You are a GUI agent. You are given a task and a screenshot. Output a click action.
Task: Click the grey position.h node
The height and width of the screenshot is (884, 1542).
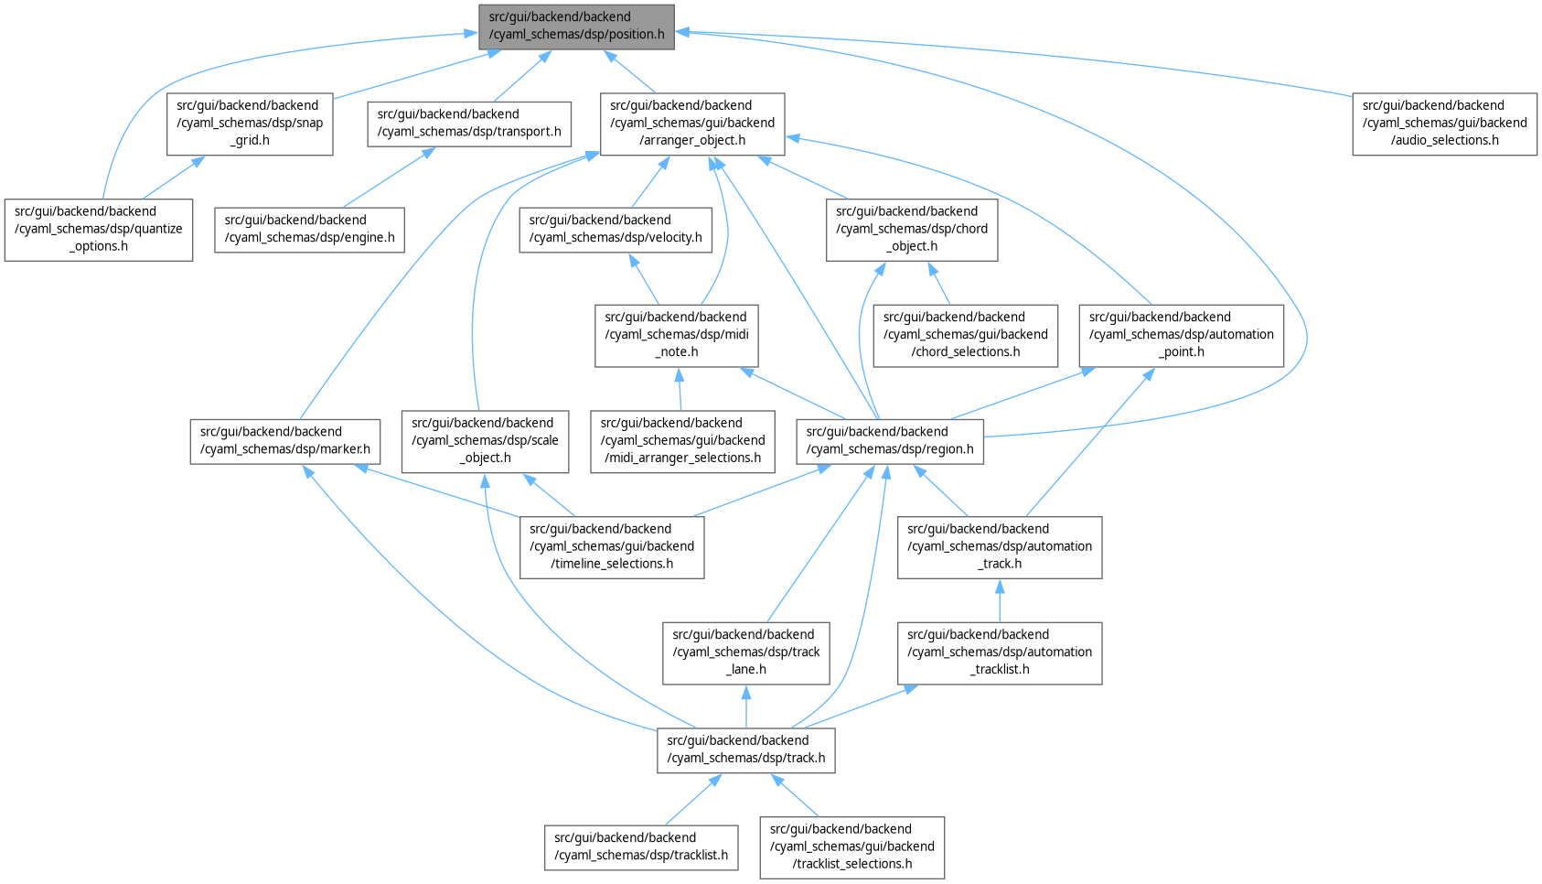(x=576, y=27)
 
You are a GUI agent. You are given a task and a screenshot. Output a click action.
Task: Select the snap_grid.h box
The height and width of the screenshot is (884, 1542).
(x=249, y=124)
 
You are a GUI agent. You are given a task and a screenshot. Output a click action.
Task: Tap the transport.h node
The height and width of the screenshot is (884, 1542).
(x=469, y=124)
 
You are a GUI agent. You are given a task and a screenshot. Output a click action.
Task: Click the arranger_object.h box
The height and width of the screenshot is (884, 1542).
(x=692, y=124)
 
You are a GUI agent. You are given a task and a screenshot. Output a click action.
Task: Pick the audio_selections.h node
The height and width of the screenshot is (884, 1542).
(x=1444, y=124)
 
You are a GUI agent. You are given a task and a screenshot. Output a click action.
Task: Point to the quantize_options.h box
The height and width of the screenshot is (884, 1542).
(x=99, y=230)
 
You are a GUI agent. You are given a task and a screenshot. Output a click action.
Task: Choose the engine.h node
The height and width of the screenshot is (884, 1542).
(x=309, y=230)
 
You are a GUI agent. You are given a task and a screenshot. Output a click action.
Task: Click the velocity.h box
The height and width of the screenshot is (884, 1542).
(x=616, y=230)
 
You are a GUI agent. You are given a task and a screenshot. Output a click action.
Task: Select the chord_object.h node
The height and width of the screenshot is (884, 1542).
(x=912, y=230)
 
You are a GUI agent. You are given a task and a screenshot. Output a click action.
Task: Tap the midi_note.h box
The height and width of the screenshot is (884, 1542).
(x=676, y=335)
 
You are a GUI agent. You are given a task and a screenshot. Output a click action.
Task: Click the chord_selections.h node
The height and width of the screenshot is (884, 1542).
(x=965, y=335)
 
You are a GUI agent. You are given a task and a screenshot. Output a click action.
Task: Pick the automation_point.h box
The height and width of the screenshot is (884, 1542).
(x=1181, y=335)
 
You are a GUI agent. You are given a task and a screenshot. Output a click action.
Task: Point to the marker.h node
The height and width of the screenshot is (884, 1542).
(x=285, y=441)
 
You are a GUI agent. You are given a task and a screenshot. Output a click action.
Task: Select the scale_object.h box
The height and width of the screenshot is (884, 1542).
(x=485, y=441)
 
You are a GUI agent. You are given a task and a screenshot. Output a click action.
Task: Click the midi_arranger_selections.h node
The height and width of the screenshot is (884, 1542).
(x=682, y=441)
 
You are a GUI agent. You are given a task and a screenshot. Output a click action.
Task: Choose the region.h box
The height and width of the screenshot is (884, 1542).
(x=890, y=441)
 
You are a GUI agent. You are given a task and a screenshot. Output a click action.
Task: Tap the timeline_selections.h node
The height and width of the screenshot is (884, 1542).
(x=612, y=547)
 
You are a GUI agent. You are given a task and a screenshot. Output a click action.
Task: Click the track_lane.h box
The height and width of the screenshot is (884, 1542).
(x=745, y=652)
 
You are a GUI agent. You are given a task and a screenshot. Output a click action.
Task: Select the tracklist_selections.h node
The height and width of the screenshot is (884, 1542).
(x=851, y=847)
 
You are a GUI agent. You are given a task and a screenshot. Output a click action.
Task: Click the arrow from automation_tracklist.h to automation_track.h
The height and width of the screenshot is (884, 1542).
(x=999, y=601)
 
